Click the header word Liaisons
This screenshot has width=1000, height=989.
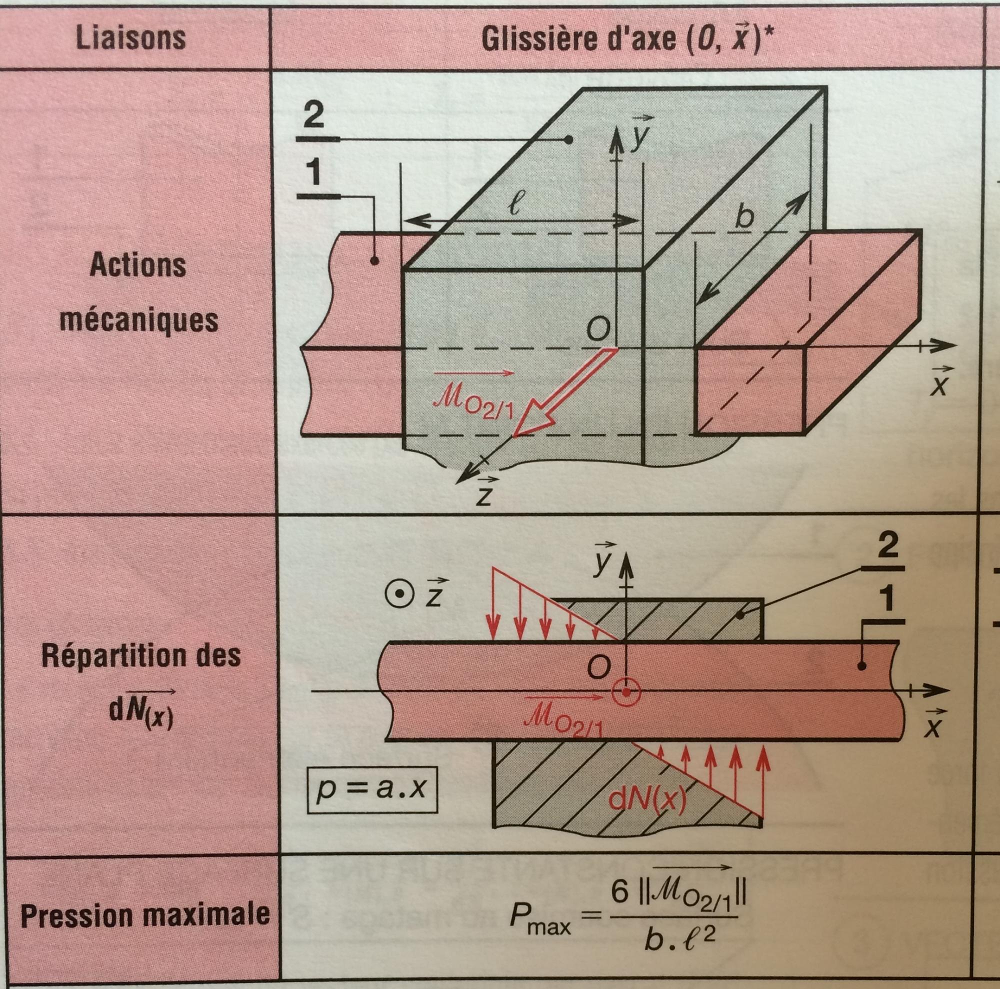pos(130,37)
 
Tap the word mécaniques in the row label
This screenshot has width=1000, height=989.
pos(138,320)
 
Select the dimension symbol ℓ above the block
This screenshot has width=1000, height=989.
pos(514,206)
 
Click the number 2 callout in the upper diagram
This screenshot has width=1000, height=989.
pos(313,116)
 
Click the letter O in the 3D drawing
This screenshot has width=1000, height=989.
pos(597,329)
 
